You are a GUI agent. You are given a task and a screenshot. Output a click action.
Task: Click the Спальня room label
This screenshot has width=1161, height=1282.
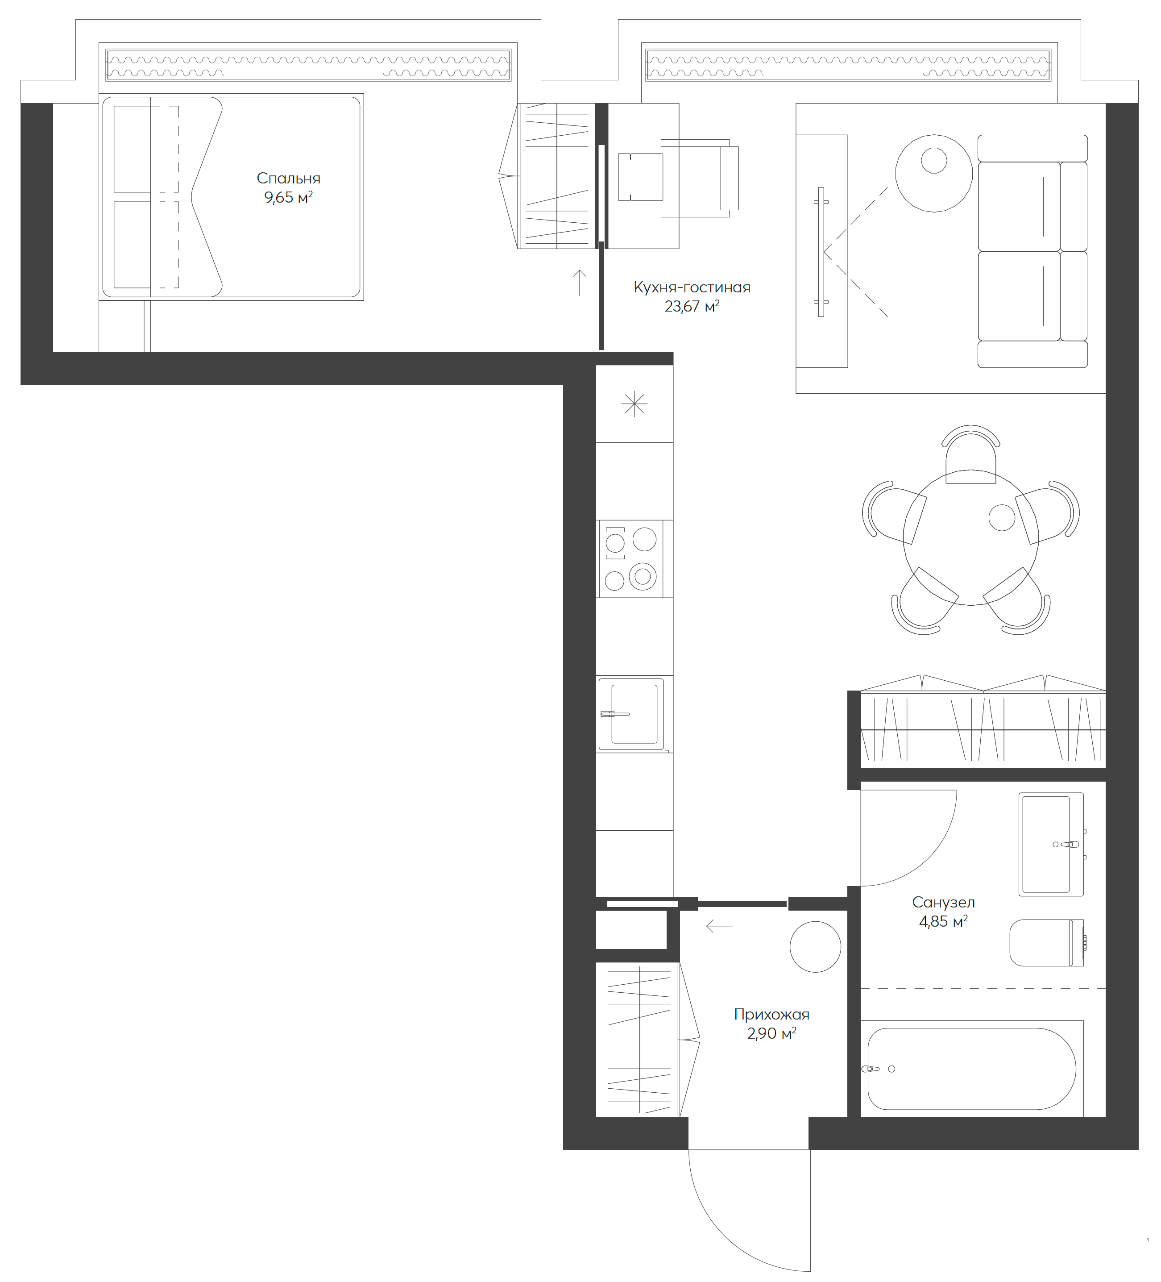tap(288, 178)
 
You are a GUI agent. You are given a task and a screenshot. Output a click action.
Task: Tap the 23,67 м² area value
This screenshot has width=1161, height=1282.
tap(691, 307)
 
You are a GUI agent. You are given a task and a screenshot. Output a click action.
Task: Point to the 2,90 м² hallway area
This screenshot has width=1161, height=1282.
tap(771, 1033)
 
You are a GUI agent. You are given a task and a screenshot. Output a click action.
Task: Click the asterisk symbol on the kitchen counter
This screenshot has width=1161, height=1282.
tap(634, 404)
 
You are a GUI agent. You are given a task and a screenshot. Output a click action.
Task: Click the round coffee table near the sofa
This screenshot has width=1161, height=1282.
tap(933, 173)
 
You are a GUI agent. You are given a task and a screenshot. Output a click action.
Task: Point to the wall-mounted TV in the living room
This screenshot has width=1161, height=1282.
tap(821, 252)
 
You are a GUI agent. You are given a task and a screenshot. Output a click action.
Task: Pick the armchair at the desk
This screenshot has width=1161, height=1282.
tap(699, 178)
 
